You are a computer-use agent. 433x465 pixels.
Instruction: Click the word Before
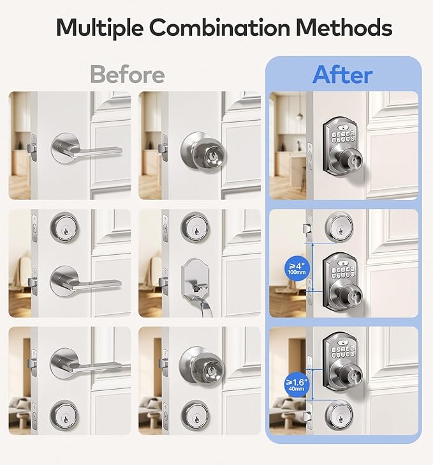127,75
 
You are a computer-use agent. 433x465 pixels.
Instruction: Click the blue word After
342,75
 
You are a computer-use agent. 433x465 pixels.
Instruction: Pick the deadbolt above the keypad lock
339,225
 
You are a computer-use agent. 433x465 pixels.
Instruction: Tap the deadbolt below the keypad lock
339,413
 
